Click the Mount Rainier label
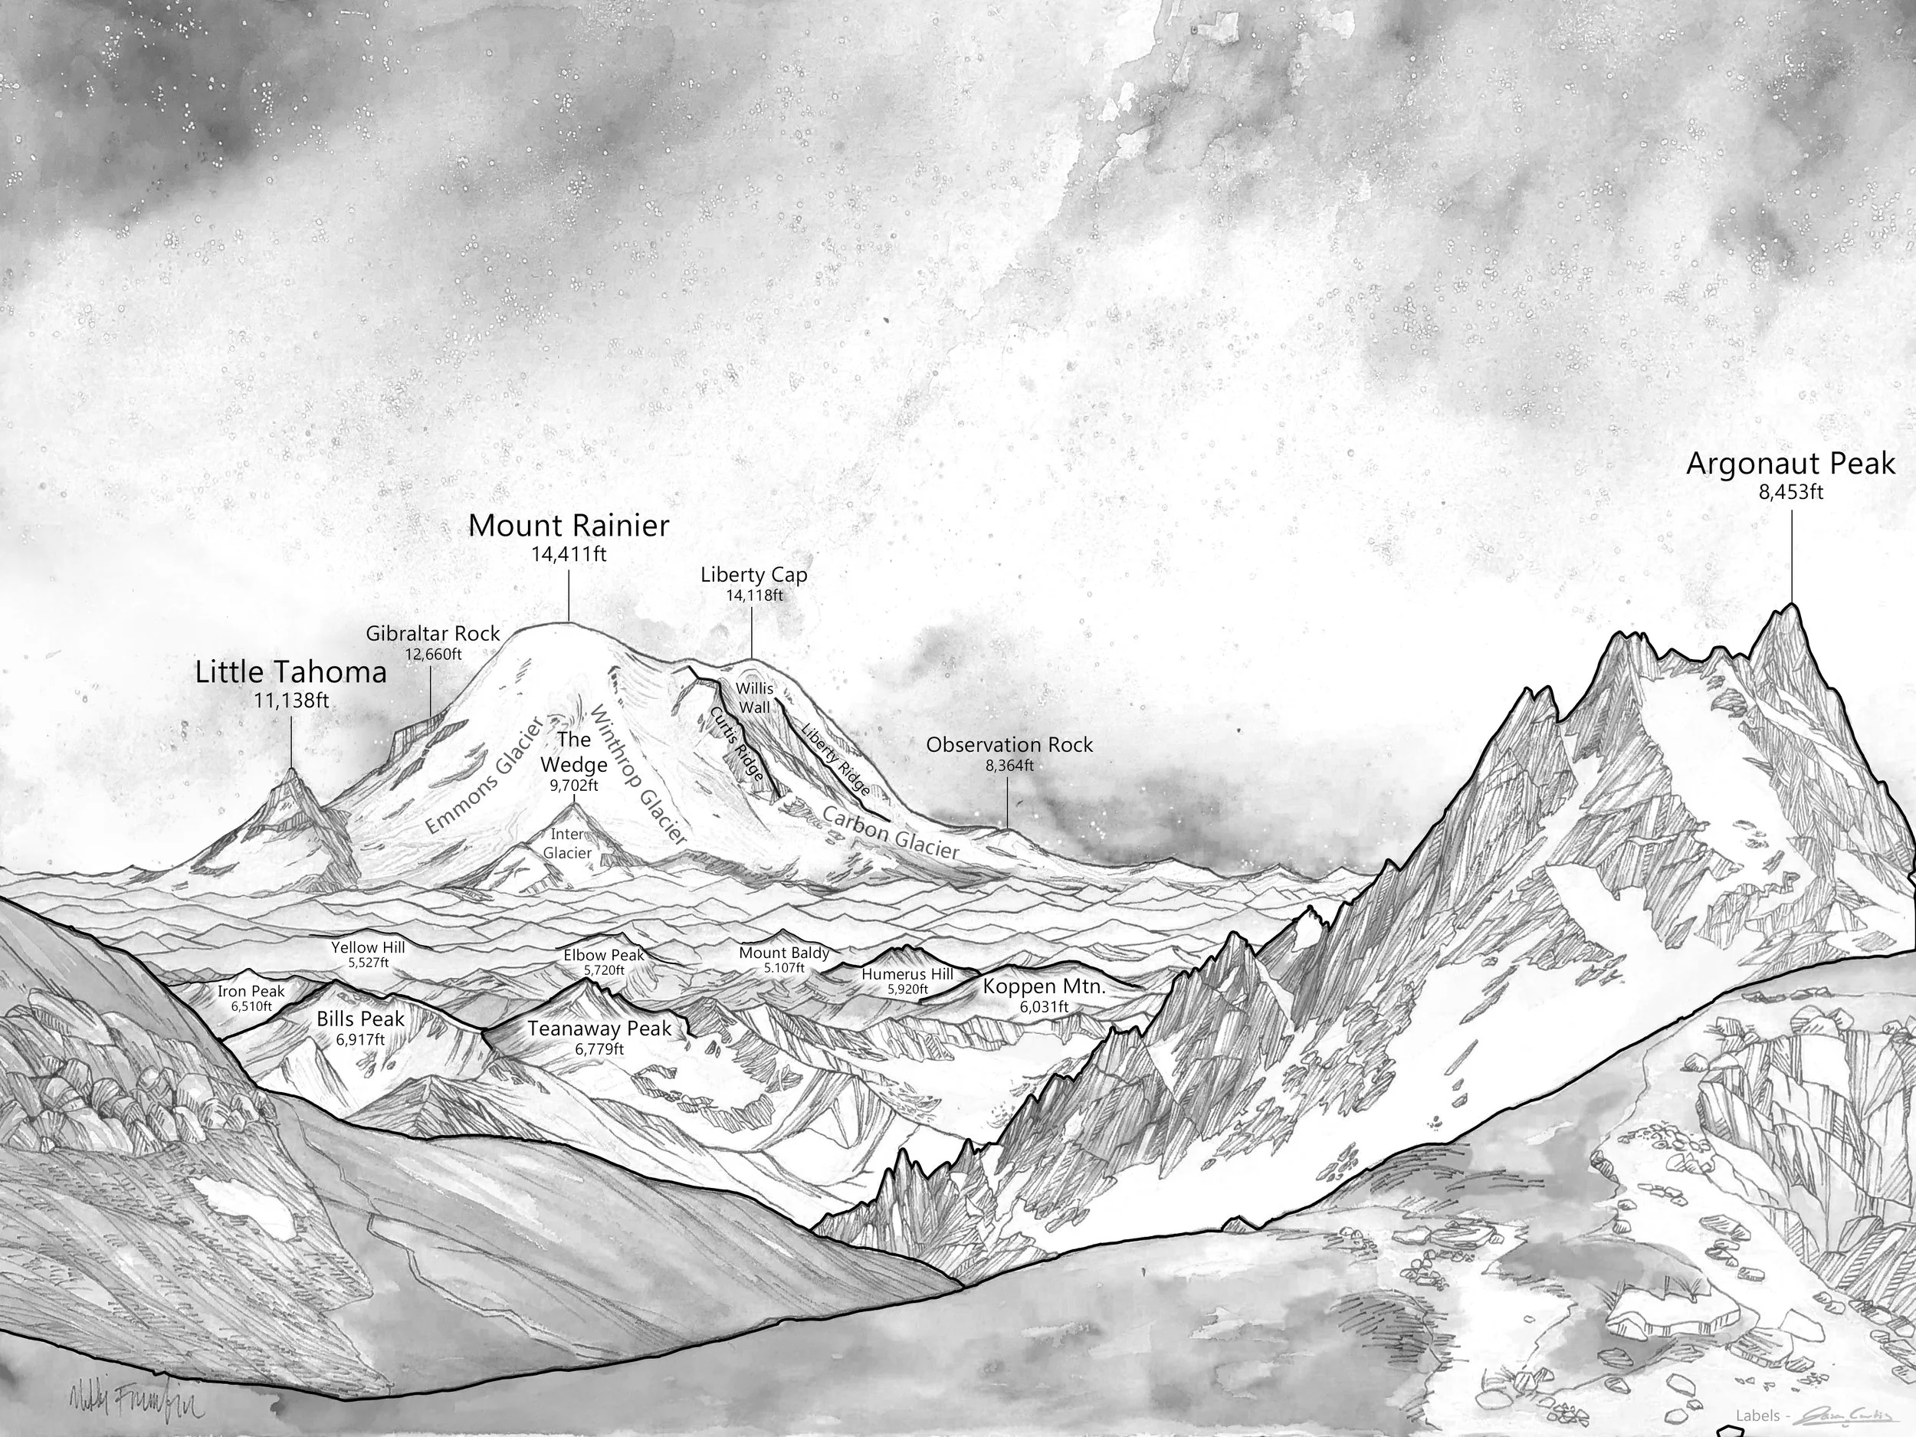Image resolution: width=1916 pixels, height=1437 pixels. pyautogui.click(x=569, y=525)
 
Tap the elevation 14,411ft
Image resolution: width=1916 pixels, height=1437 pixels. pyautogui.click(x=569, y=554)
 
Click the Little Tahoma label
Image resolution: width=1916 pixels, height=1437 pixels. pyautogui.click(x=291, y=672)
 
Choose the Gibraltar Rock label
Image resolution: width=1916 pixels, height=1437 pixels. pyautogui.click(x=432, y=634)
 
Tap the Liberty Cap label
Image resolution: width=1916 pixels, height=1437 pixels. pyautogui.click(x=753, y=574)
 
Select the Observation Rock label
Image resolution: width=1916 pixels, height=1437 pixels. pyautogui.click(x=1009, y=745)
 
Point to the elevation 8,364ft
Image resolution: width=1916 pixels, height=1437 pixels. pyautogui.click(x=1009, y=766)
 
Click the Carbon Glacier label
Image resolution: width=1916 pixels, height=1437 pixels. pyautogui.click(x=891, y=832)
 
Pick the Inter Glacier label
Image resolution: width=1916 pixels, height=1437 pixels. pyautogui.click(x=567, y=844)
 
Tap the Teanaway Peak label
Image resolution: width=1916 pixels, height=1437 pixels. pyautogui.click(x=599, y=1029)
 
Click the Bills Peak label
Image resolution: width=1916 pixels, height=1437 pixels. pyautogui.click(x=360, y=1019)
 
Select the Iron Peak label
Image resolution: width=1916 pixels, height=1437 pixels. pyautogui.click(x=251, y=992)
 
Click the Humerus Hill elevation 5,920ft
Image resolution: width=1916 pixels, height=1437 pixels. pyautogui.click(x=907, y=989)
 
